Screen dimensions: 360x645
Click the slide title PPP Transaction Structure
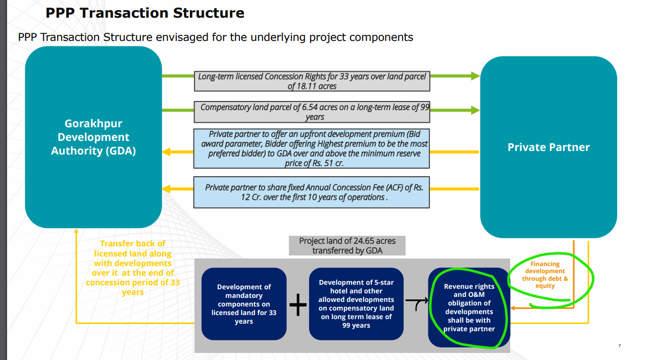click(x=145, y=13)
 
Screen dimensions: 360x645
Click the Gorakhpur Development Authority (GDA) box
click(x=93, y=137)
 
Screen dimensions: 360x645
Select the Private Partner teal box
click(x=549, y=147)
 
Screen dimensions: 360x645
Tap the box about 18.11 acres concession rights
click(x=312, y=81)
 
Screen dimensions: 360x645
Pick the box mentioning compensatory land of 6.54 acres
click(x=312, y=112)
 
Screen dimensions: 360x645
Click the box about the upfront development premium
click(x=312, y=148)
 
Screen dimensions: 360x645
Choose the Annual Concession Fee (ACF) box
click(x=312, y=192)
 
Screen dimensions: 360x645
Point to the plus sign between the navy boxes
click(x=298, y=305)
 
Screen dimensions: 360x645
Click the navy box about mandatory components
click(x=244, y=304)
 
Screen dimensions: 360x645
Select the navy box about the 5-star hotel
click(x=356, y=304)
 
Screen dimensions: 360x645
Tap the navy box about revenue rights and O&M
click(x=469, y=307)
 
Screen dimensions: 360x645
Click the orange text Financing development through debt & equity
click(x=545, y=275)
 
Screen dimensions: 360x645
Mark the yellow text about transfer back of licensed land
click(x=133, y=268)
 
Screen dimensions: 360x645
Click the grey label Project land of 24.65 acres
click(x=347, y=246)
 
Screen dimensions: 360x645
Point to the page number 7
click(x=619, y=346)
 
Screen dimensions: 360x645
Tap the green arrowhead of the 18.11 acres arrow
click(x=475, y=76)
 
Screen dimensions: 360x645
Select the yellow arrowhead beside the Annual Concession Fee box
click(x=166, y=189)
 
